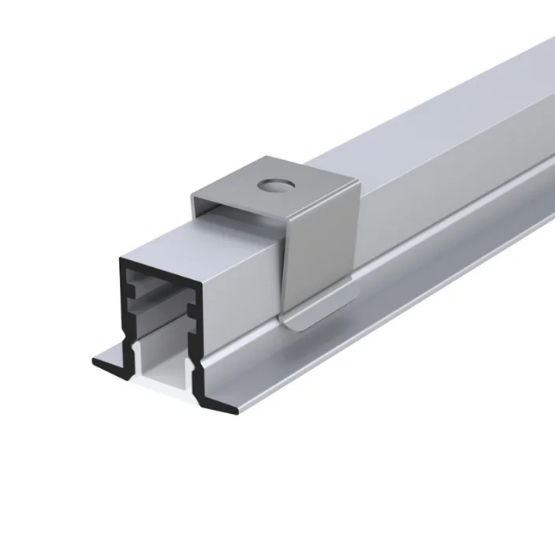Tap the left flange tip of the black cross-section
tap(96, 363)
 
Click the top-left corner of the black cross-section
tap(121, 259)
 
